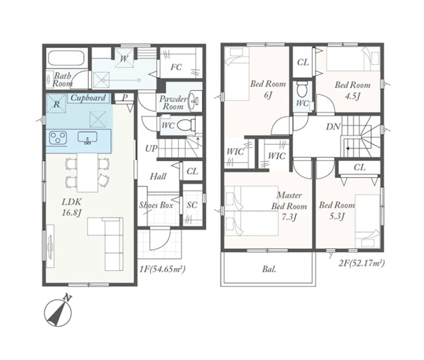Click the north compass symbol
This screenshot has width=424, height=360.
(58, 311)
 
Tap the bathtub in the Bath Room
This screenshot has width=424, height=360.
(66, 58)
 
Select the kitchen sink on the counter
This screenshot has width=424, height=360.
(87, 138)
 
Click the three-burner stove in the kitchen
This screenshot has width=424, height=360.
(58, 138)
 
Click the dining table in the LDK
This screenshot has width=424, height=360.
(88, 172)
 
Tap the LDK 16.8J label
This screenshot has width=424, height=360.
(72, 207)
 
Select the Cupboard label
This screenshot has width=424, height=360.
(88, 97)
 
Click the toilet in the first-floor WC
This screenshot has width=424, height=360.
(187, 125)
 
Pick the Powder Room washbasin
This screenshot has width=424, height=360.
(194, 99)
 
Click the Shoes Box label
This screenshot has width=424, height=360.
(156, 205)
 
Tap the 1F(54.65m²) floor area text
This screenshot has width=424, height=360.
(163, 269)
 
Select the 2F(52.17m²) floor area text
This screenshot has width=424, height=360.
(362, 263)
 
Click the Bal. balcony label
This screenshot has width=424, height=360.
(269, 269)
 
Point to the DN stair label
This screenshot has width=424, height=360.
(333, 127)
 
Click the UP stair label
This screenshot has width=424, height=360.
(151, 148)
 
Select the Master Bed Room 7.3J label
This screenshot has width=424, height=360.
(289, 206)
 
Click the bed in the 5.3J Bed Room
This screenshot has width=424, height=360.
(367, 217)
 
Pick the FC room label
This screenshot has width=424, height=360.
(176, 67)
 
